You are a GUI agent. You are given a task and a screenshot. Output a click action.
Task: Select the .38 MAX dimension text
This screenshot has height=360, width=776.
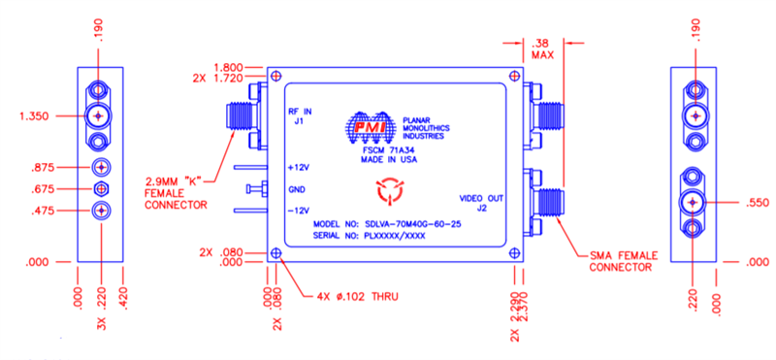[x=541, y=49]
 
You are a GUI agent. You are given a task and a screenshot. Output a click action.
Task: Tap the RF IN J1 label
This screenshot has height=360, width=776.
[x=300, y=117]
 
